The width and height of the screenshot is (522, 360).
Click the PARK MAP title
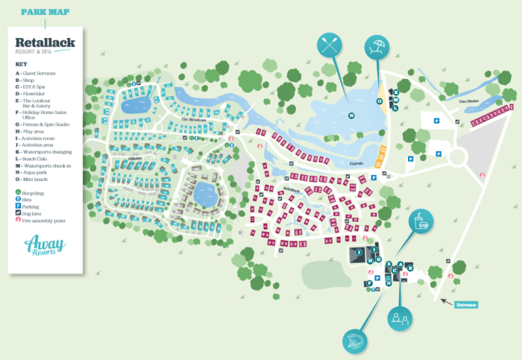(45, 12)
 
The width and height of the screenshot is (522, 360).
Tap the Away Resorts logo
(45, 245)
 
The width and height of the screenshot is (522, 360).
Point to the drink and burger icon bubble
(422, 221)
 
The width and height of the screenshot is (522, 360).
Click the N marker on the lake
(350, 115)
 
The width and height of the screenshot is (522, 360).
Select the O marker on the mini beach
(380, 101)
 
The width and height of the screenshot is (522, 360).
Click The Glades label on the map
(468, 101)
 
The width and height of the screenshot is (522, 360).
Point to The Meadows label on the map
(194, 120)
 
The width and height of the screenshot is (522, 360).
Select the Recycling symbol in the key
(18, 192)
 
